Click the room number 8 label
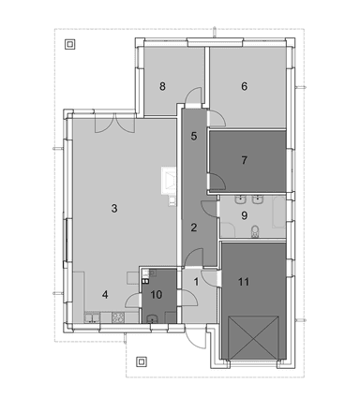(162, 86)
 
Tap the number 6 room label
(245, 86)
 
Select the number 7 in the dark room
(245, 160)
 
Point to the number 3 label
(114, 208)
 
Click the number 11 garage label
(244, 282)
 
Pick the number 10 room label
(157, 294)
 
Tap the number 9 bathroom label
(245, 215)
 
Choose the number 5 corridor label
(194, 136)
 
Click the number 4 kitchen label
(105, 294)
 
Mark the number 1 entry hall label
(196, 282)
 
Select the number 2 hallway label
(194, 228)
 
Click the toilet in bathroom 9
(255, 231)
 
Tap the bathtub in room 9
(278, 213)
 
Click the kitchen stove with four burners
(118, 317)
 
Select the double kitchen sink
(92, 317)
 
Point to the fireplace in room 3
(169, 181)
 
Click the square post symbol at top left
(70, 44)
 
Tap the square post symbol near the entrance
(142, 362)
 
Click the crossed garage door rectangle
(253, 338)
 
